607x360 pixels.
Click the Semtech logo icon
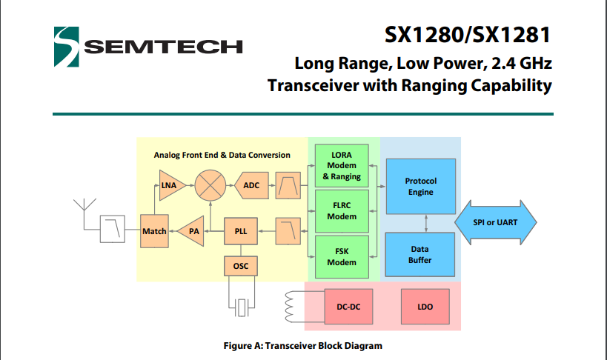click(x=66, y=45)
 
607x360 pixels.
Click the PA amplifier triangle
click(x=192, y=231)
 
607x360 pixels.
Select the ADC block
click(x=251, y=185)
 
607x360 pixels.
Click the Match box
click(x=154, y=231)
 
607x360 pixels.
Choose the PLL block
click(x=241, y=231)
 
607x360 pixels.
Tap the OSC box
click(x=241, y=266)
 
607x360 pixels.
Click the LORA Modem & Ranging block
click(x=341, y=165)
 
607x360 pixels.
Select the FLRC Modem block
click(x=341, y=211)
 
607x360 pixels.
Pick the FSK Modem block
click(x=341, y=256)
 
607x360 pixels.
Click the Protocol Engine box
click(x=420, y=186)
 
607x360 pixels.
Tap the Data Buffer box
click(x=420, y=254)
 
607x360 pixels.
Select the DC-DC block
click(x=348, y=306)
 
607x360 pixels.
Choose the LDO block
click(x=425, y=306)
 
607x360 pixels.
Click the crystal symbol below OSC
click(x=241, y=307)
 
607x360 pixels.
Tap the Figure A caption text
click(x=303, y=345)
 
